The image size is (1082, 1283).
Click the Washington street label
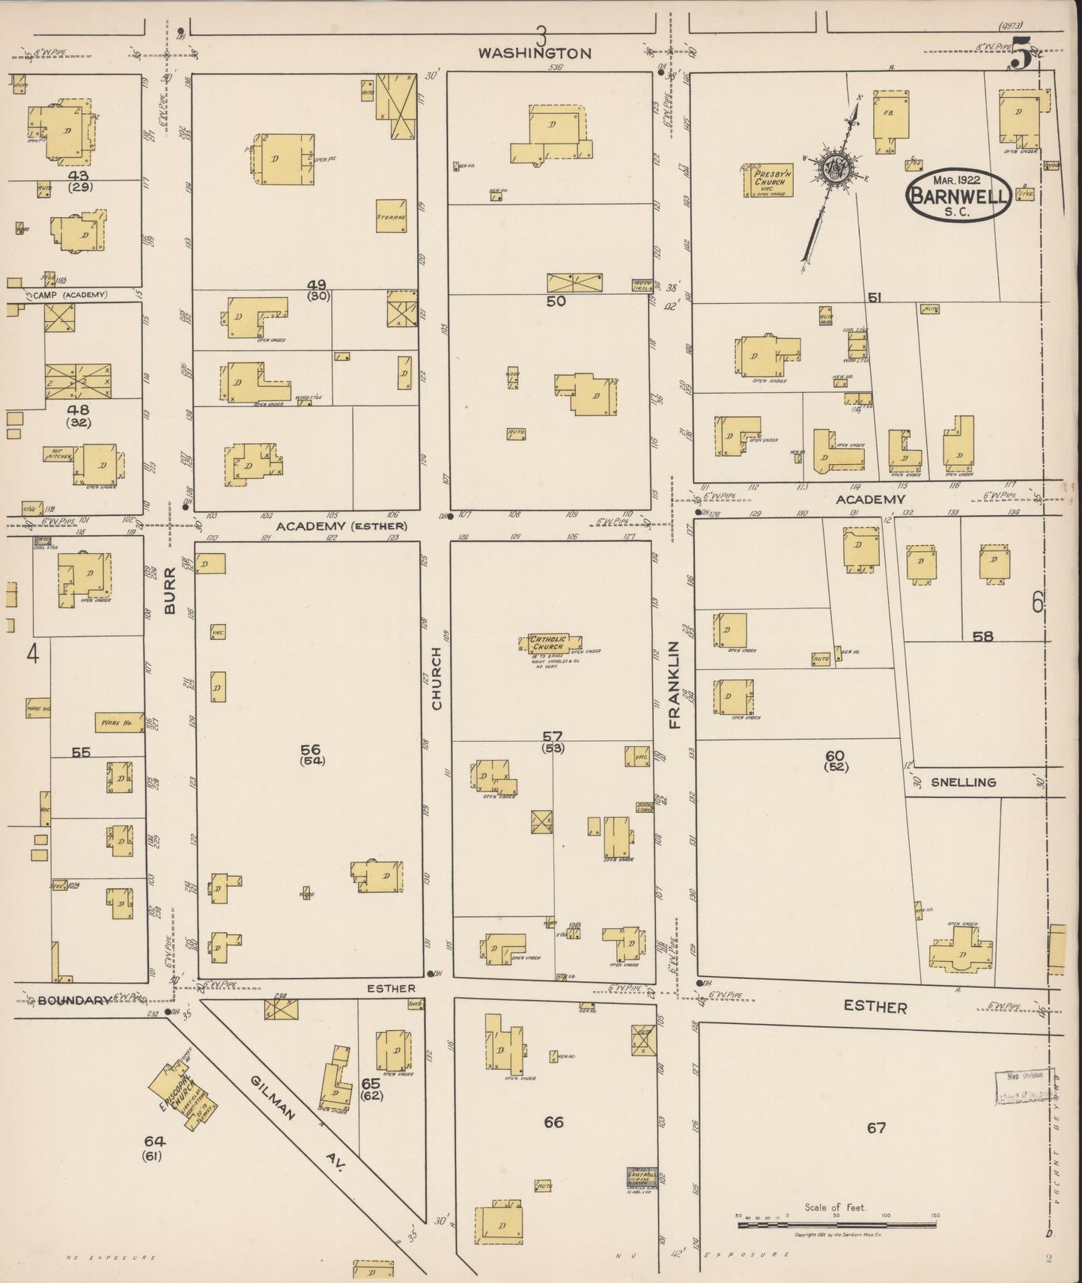[535, 53]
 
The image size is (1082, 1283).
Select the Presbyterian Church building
[768, 180]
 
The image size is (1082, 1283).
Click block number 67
[876, 1127]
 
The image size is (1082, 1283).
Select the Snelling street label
[963, 782]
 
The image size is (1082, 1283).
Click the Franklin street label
[674, 684]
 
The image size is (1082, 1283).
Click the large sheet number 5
[1020, 54]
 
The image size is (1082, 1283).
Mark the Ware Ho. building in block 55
[118, 722]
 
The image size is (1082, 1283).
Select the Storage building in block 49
[391, 216]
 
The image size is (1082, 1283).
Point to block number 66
[553, 1122]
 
